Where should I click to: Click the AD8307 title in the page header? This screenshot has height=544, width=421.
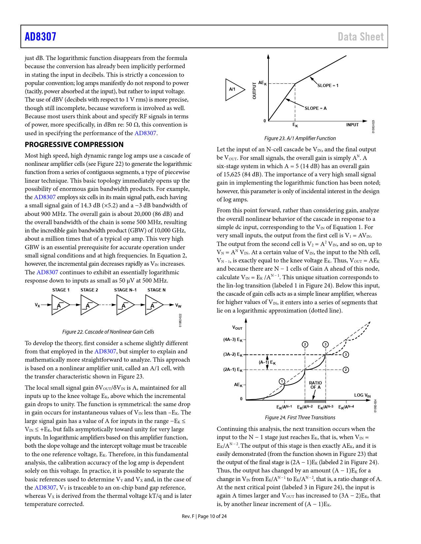(x=41, y=37)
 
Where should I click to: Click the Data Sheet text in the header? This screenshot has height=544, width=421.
(x=361, y=37)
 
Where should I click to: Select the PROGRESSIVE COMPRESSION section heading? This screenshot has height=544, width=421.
(x=74, y=144)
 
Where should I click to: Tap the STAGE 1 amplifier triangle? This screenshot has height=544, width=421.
(x=60, y=305)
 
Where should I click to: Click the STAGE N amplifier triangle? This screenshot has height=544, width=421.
(x=154, y=305)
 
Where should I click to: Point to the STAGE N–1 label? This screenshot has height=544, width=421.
(x=125, y=290)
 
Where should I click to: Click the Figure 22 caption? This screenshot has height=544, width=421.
(x=108, y=332)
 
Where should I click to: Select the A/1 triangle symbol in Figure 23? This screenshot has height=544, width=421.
(x=234, y=89)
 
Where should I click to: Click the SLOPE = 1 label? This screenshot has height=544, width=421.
(x=328, y=85)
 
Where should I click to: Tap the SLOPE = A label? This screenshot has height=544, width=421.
(x=315, y=108)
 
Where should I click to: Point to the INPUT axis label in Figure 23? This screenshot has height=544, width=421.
(x=352, y=125)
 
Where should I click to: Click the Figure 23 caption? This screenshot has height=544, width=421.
(x=300, y=138)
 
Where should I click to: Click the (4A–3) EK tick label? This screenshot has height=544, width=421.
(x=233, y=340)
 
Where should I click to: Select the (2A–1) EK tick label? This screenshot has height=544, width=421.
(x=233, y=370)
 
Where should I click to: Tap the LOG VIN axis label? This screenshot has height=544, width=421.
(x=362, y=395)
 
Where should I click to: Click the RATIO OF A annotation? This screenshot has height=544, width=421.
(x=315, y=385)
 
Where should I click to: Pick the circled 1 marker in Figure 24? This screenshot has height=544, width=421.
(x=282, y=381)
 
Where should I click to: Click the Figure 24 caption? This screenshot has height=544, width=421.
(x=300, y=417)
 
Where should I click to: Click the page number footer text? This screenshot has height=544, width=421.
(x=204, y=516)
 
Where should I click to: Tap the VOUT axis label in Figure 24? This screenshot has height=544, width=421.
(x=237, y=328)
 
